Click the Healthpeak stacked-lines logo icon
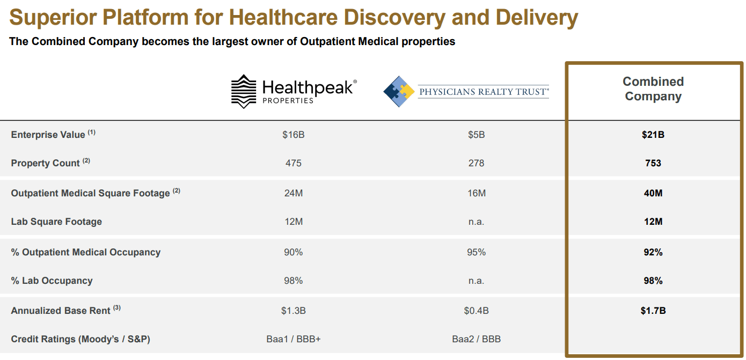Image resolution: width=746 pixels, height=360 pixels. pyautogui.click(x=243, y=91)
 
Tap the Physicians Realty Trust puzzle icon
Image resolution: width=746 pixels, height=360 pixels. pyautogui.click(x=399, y=91)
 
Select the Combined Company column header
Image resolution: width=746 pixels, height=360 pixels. pyautogui.click(x=653, y=89)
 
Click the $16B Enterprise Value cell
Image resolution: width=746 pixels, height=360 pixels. pyautogui.click(x=293, y=135)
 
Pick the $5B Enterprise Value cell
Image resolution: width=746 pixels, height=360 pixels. pyautogui.click(x=476, y=135)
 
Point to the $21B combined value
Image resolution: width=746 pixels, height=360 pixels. pyautogui.click(x=653, y=135)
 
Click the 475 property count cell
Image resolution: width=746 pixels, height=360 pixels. pyautogui.click(x=293, y=163)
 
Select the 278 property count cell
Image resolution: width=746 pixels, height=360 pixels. pyautogui.click(x=476, y=163)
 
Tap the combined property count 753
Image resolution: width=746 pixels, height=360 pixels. pyautogui.click(x=653, y=163)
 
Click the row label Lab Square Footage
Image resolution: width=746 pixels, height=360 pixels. pyautogui.click(x=56, y=222)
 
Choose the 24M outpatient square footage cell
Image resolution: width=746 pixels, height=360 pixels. pyautogui.click(x=293, y=193)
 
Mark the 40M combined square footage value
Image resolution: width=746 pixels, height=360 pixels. pyautogui.click(x=653, y=193)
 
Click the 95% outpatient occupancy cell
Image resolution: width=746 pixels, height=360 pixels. pyautogui.click(x=476, y=252)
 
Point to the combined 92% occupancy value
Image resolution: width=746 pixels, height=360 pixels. pyautogui.click(x=653, y=252)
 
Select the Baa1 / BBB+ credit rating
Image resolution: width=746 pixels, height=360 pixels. pyautogui.click(x=293, y=339)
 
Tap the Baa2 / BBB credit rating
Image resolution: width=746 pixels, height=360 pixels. pyautogui.click(x=476, y=339)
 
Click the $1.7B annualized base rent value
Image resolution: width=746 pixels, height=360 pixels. pyautogui.click(x=653, y=311)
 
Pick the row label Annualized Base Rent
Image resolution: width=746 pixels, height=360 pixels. pyautogui.click(x=61, y=311)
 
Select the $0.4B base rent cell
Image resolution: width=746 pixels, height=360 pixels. pyautogui.click(x=476, y=311)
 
